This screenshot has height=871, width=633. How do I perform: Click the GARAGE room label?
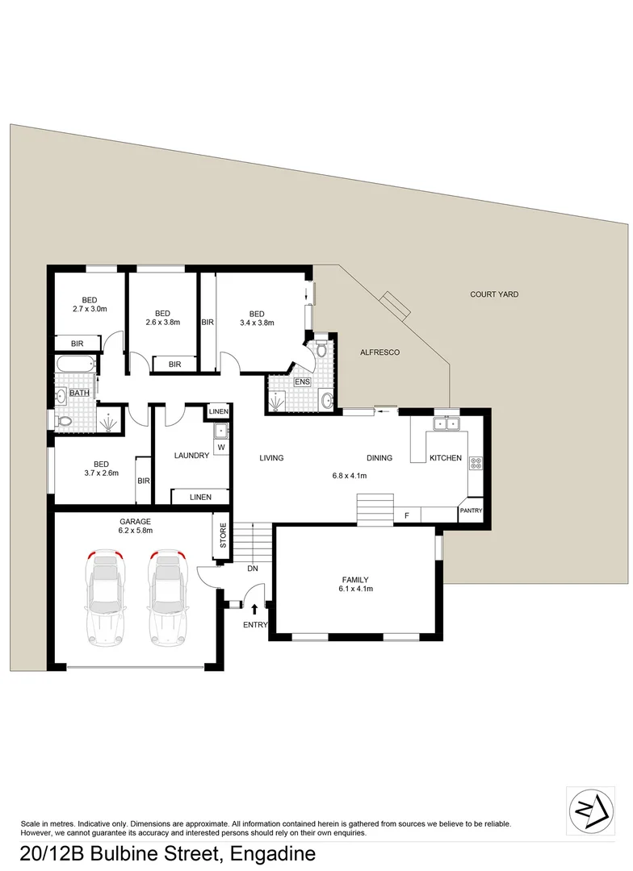[136, 521]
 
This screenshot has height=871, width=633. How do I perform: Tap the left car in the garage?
[105, 598]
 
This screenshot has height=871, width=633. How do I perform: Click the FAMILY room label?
[355, 579]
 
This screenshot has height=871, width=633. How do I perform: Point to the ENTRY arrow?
[256, 610]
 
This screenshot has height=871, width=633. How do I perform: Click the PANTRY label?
[471, 511]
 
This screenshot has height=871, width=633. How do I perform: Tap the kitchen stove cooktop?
[476, 463]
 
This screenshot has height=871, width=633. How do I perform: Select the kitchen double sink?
[446, 423]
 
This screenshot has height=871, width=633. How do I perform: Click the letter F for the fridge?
[406, 515]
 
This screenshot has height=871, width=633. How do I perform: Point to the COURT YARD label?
[494, 294]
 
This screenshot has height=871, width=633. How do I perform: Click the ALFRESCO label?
[379, 352]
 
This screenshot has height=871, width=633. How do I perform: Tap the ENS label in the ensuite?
[303, 381]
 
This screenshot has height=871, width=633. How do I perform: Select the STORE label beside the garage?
[224, 536]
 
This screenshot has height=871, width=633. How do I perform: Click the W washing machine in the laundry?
[220, 447]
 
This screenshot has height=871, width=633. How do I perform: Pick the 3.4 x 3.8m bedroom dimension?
[257, 323]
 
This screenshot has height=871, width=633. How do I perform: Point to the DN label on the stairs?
[252, 569]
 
